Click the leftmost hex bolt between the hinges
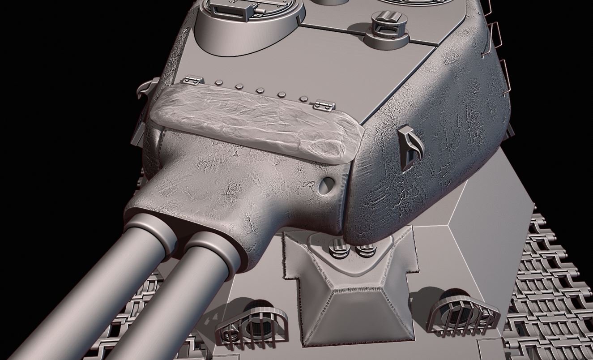point(219,82)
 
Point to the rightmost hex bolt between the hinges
point(303,98)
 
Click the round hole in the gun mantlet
point(328,184)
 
